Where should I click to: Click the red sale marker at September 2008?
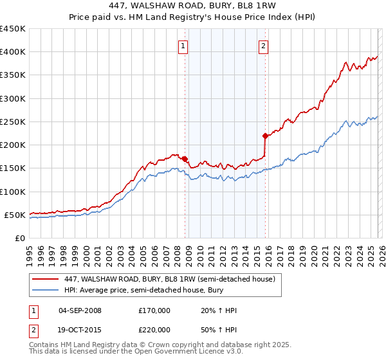point(185,159)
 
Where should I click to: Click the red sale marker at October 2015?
point(265,136)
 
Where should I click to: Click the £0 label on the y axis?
point(20,238)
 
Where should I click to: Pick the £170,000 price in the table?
point(154,310)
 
